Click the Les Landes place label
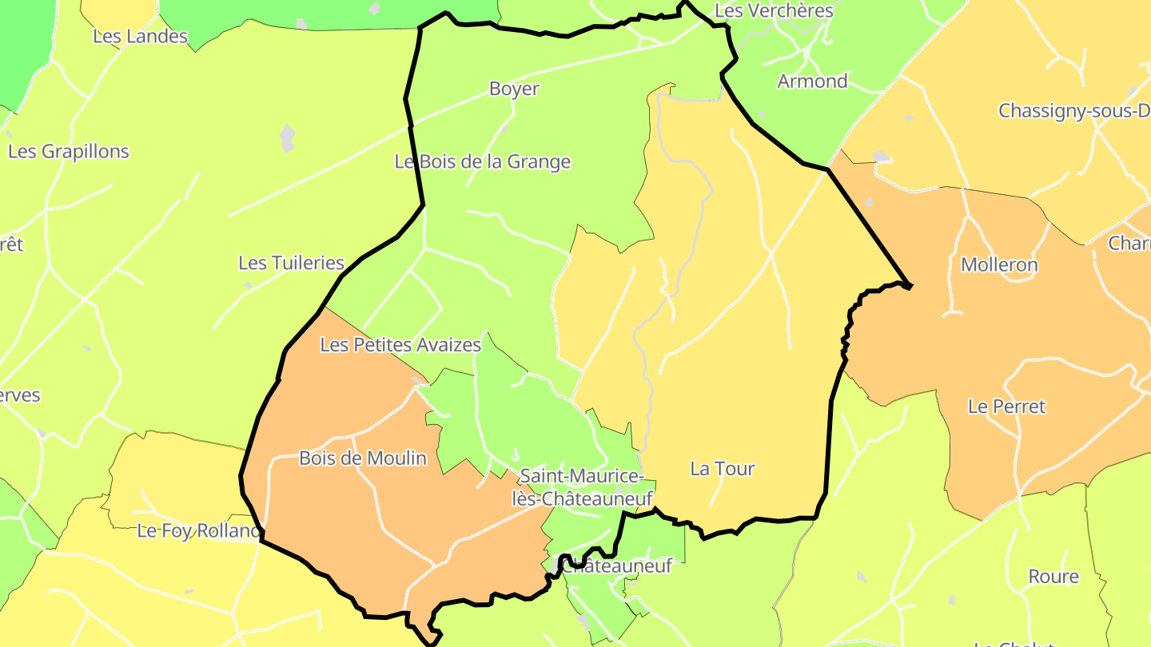tap(140, 36)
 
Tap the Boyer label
tap(514, 89)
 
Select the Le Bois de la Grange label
tap(483, 161)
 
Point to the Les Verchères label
tap(774, 10)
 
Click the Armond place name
tap(812, 81)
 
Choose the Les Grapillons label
tap(68, 151)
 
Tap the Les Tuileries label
tap(291, 263)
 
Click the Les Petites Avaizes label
tap(400, 345)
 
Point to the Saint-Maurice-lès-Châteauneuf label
tap(582, 488)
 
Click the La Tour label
tap(722, 469)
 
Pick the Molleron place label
tap(999, 264)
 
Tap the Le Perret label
tap(1006, 407)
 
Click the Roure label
tap(1053, 577)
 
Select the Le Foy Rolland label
tap(199, 530)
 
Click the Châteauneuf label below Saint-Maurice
tap(616, 566)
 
